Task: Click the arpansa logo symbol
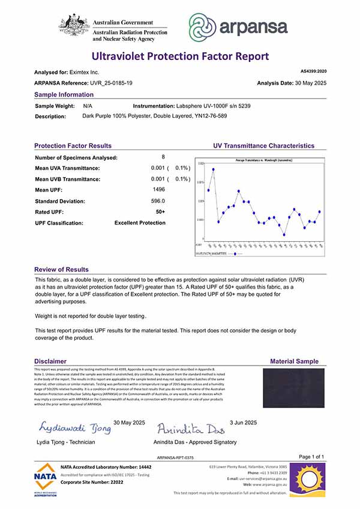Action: tap(204, 28)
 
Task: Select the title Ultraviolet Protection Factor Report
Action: tap(180, 56)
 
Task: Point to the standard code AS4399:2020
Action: tap(313, 71)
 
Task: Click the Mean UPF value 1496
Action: tap(159, 190)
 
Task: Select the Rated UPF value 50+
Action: tap(160, 211)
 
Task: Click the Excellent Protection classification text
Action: tap(140, 223)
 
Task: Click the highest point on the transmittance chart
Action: tap(213, 169)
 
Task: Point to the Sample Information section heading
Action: tap(64, 95)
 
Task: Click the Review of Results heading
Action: tap(61, 270)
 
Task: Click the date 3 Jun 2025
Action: tap(243, 423)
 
